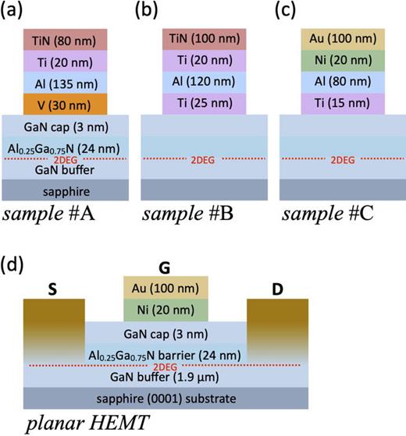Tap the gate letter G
point(164,267)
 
